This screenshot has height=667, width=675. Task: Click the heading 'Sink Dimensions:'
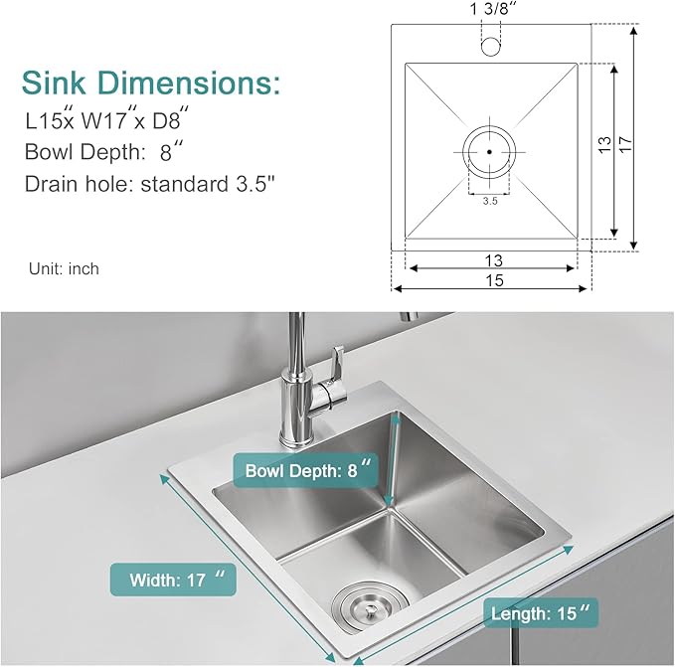[x=150, y=81]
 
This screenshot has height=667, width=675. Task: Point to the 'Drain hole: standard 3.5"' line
[x=149, y=184]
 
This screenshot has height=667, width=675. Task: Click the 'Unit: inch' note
[x=63, y=268]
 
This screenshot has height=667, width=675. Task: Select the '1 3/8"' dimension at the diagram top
[x=490, y=11]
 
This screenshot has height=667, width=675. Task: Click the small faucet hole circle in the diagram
[x=490, y=46]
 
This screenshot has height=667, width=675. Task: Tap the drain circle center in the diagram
[x=489, y=152]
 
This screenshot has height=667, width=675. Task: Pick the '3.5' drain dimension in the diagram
[x=489, y=201]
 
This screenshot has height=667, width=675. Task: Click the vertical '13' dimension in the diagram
[x=603, y=144]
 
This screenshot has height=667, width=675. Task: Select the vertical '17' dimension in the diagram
[x=625, y=144]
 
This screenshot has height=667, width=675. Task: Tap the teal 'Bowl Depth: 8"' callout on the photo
[x=307, y=470]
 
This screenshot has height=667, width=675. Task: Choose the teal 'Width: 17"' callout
[x=173, y=579]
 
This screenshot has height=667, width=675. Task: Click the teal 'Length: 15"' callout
[x=541, y=613]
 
